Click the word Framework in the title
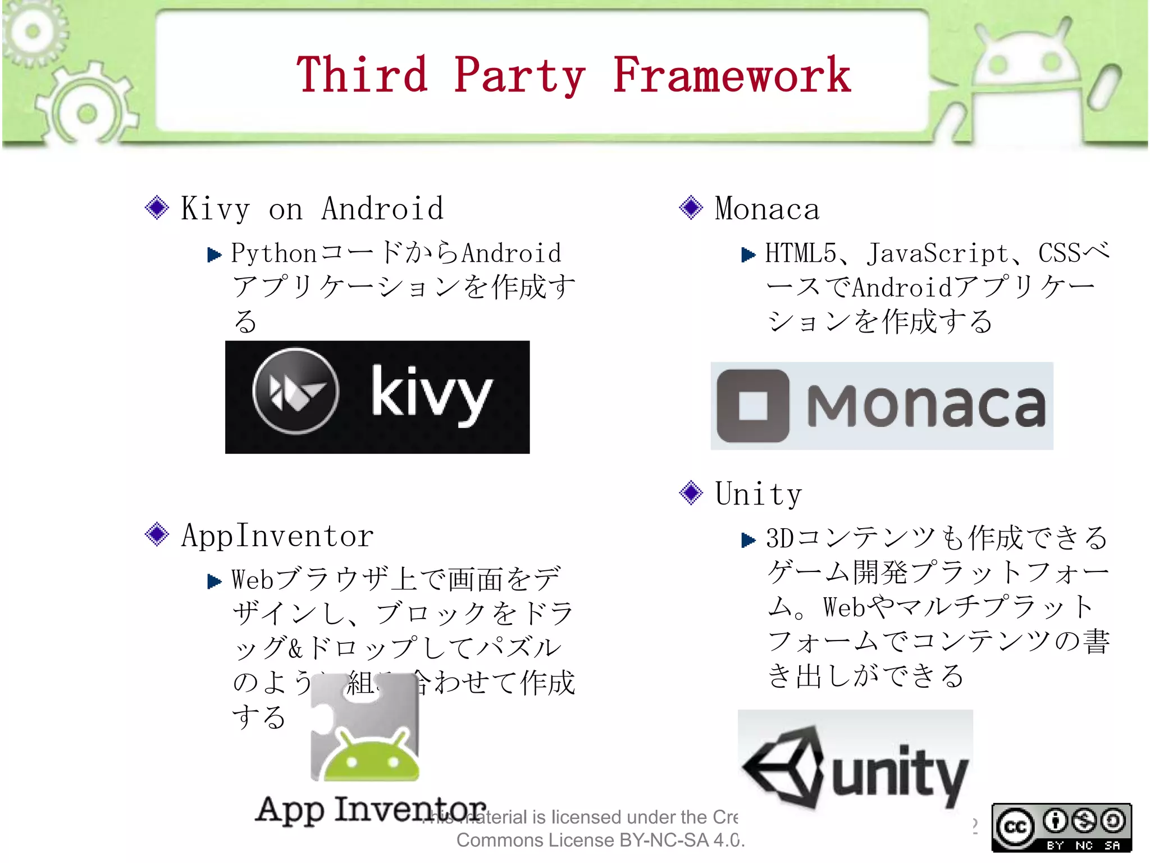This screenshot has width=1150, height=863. pyautogui.click(x=731, y=76)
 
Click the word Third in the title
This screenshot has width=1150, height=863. pyautogui.click(x=362, y=76)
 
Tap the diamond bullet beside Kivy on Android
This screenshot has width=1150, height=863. pyautogui.click(x=157, y=208)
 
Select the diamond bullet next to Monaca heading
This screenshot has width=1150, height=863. pyautogui.click(x=691, y=208)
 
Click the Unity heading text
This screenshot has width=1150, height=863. pyautogui.click(x=758, y=494)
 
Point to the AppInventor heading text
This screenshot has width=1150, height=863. pyautogui.click(x=277, y=535)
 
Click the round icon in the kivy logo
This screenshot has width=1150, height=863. pyautogui.click(x=296, y=391)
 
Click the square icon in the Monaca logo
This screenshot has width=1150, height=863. pyautogui.click(x=753, y=406)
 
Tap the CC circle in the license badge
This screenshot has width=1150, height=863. pyautogui.click(x=1015, y=826)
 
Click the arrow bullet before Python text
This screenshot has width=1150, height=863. pyautogui.click(x=214, y=255)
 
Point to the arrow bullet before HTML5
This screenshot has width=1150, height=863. pyautogui.click(x=748, y=255)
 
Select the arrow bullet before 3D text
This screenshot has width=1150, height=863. pyautogui.click(x=748, y=540)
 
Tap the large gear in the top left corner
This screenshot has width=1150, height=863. pyautogui.click(x=87, y=112)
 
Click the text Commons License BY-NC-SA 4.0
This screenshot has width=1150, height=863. pyautogui.click(x=600, y=841)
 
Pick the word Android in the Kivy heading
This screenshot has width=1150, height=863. pyautogui.click(x=382, y=209)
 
